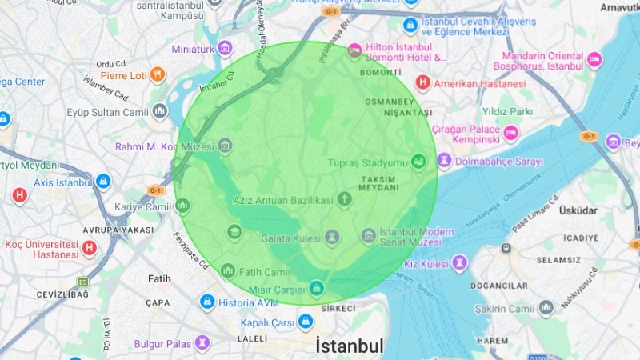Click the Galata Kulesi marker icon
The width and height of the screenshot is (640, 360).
pyautogui.click(x=331, y=237)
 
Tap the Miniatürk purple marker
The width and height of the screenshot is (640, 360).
pyautogui.click(x=225, y=48)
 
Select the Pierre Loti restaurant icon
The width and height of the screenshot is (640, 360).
pyautogui.click(x=158, y=76)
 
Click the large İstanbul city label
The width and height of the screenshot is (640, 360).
pyautogui.click(x=350, y=346)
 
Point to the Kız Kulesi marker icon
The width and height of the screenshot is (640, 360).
pyautogui.click(x=459, y=263)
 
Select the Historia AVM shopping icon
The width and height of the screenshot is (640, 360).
pyautogui.click(x=207, y=302)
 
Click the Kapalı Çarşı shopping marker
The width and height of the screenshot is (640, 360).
pyautogui.click(x=305, y=323)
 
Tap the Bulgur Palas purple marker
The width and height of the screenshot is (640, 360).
pyautogui.click(x=203, y=343)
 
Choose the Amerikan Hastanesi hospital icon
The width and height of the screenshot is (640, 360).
pyautogui.click(x=422, y=82)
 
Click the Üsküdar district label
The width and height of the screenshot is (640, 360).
pyautogui.click(x=579, y=210)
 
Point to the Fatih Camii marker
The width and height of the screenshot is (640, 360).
pyautogui.click(x=228, y=271)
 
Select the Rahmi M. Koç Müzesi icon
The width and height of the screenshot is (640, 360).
pyautogui.click(x=225, y=146)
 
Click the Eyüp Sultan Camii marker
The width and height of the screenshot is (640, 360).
pyautogui.click(x=160, y=110)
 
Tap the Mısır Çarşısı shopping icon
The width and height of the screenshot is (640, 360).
pyautogui.click(x=317, y=287)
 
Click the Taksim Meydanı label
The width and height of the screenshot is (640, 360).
pyautogui.click(x=379, y=183)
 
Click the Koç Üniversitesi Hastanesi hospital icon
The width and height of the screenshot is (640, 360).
pyautogui.click(x=90, y=249)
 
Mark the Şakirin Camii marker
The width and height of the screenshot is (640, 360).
pyautogui.click(x=546, y=308)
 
